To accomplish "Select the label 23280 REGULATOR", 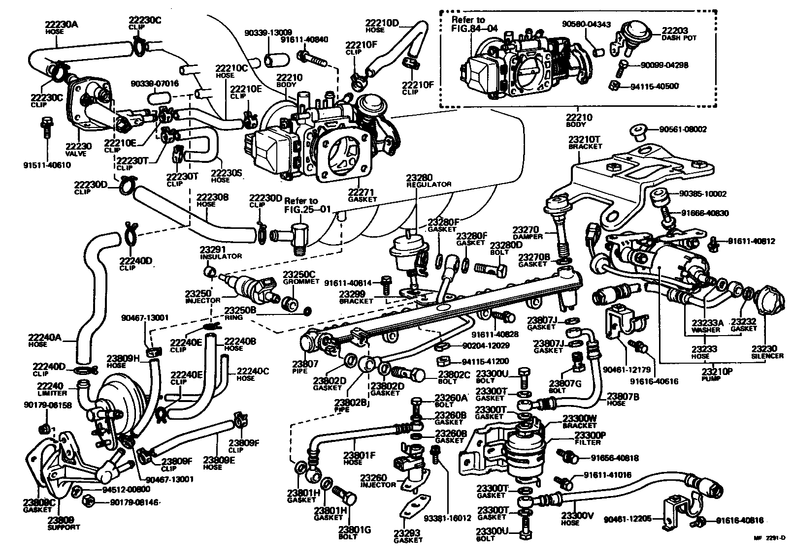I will [429, 180].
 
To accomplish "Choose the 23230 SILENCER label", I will [767, 352].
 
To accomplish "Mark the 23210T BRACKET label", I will [585, 143].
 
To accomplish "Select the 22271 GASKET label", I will [363, 195].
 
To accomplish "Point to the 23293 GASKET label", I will [408, 536].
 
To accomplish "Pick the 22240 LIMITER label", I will [52, 390].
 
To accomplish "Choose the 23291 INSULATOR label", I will [220, 252].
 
